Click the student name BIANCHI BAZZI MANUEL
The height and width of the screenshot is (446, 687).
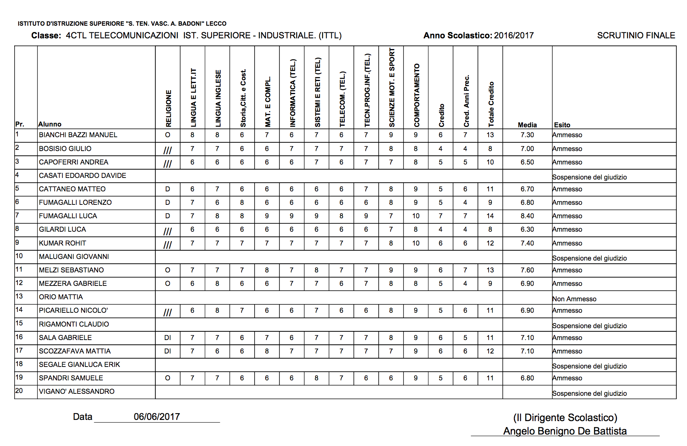coord(78,135)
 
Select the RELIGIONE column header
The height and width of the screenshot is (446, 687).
coord(168,108)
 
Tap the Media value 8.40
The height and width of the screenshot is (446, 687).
coord(527,216)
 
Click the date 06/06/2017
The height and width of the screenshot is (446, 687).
coord(157,416)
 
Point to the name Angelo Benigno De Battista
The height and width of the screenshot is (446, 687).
coord(565,431)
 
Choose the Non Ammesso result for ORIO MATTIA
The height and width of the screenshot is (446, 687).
coord(574,299)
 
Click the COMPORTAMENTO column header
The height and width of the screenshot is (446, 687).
coord(417,95)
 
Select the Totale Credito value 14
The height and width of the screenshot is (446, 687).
coord(490,216)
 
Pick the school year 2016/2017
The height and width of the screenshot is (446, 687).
coord(513,36)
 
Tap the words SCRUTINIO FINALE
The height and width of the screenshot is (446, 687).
coord(636,36)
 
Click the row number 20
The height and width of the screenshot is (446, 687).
coord(19,391)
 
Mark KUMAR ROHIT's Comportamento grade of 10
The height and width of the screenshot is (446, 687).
coord(416,243)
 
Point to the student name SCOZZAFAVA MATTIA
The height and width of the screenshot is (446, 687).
coord(75,351)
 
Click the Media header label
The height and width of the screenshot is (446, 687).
coord(527,125)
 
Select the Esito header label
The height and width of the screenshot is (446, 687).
coord(562,125)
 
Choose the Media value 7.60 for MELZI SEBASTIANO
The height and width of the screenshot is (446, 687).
coord(527,270)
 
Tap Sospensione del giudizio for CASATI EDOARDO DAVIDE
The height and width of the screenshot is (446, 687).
coord(589,177)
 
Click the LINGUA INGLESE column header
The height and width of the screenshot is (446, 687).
coord(218,98)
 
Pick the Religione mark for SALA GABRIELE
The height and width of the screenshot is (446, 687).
coord(168,338)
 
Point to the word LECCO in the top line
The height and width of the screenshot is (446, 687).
coord(216,24)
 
